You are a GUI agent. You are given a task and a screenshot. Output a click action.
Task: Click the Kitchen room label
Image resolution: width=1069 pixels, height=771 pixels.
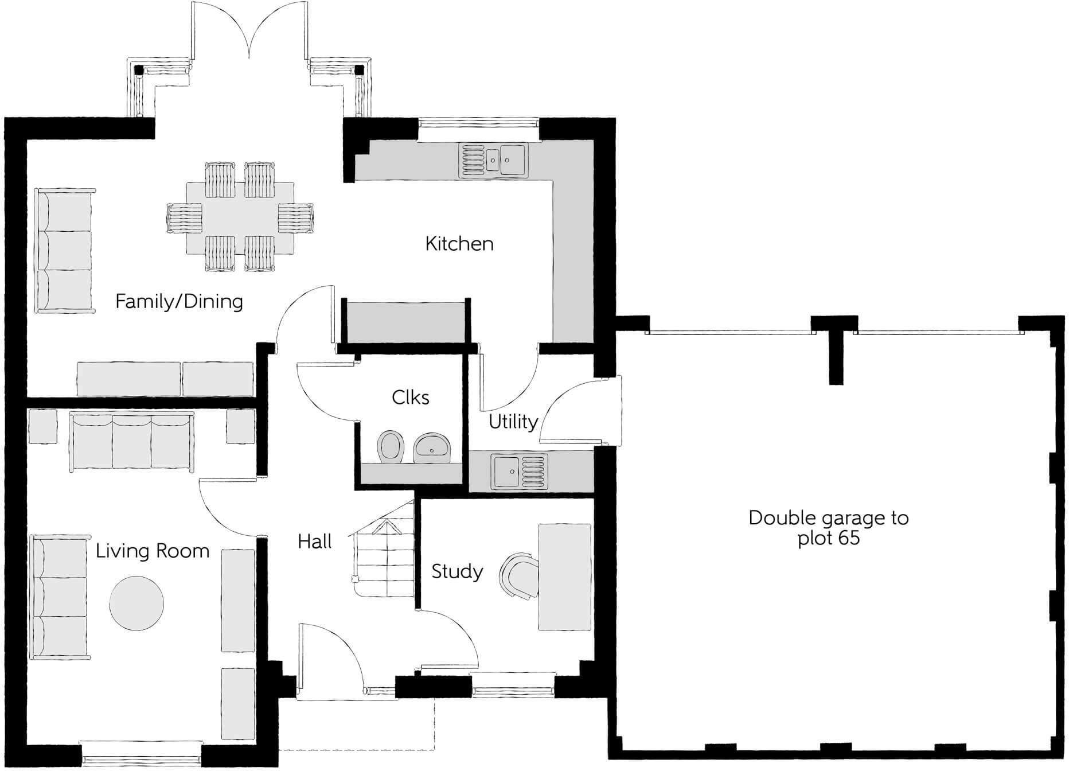coord(459,244)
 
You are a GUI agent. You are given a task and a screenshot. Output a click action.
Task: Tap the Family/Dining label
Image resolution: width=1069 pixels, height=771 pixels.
coord(179,301)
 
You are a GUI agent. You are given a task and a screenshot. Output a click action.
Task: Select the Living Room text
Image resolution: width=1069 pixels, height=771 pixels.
coord(152,551)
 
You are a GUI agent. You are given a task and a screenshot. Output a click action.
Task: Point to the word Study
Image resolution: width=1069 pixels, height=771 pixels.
coord(457,571)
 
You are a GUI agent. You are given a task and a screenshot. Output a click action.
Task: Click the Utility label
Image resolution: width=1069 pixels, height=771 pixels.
coord(513,422)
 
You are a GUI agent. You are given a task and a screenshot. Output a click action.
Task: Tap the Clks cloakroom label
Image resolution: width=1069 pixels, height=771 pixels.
coord(410,398)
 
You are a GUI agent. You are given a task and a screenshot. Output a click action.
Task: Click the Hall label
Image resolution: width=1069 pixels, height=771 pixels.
coord(315,542)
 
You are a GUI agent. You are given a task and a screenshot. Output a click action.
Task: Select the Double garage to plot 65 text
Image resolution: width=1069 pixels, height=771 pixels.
coord(828,528)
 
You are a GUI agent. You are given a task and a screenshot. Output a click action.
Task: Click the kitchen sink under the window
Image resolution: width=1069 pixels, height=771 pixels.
coord(493,160)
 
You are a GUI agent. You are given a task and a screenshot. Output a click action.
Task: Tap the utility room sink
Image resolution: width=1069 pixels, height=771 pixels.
coord(519,472)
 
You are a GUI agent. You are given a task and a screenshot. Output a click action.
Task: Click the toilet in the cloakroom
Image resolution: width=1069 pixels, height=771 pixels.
coord(391,445)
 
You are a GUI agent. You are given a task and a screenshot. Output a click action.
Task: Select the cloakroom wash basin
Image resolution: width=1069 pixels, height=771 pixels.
coord(433,447)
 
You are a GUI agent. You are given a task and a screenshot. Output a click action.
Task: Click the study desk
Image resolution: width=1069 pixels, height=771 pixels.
coord(564,577)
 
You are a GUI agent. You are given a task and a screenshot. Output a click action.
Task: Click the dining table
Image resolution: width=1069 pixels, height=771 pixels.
coord(240,218)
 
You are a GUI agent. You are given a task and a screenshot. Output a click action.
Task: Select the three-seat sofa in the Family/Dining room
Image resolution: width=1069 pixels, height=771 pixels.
coord(63,251)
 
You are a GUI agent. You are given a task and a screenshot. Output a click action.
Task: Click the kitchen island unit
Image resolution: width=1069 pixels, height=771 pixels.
coord(405,322)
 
